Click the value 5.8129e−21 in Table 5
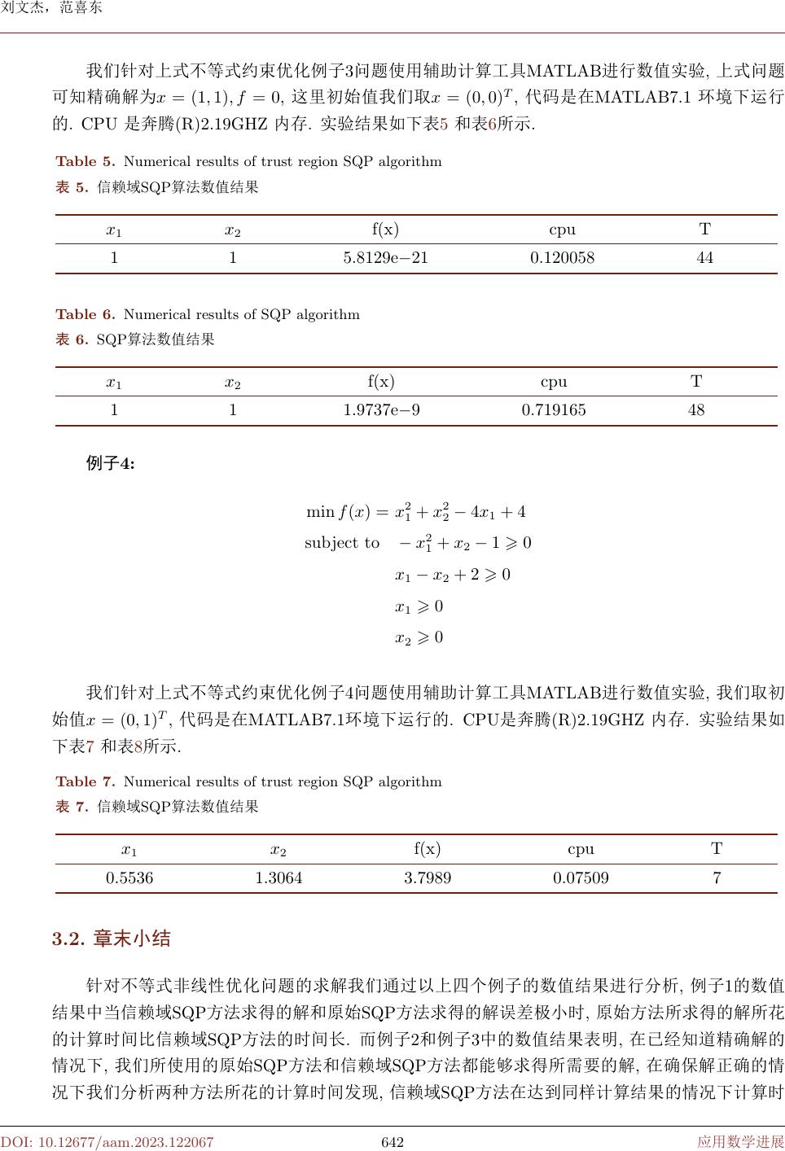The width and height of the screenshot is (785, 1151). coord(385,258)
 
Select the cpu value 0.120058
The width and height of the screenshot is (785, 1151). coord(562,258)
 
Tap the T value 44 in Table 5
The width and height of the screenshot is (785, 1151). coord(704,258)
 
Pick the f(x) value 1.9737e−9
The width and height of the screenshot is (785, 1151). coord(381,410)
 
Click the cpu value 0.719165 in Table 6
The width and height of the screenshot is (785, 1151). coord(553,410)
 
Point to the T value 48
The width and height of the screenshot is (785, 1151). coord(696,410)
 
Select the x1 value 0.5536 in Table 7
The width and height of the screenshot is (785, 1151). coord(129,878)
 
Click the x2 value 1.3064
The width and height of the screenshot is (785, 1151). coord(278,878)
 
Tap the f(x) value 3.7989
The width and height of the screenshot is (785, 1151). coord(428,878)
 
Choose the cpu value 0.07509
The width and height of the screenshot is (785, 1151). coord(581,878)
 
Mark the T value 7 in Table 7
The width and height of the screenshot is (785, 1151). coord(717,878)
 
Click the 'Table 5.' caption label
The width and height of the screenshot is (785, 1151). coord(86,161)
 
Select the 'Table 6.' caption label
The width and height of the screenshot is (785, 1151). coord(86,314)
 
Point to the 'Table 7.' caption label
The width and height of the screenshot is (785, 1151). coord(86,781)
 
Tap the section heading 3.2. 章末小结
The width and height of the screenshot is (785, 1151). coord(112,939)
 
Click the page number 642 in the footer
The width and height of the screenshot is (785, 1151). coord(392,1142)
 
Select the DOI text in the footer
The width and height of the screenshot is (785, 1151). coord(107,1142)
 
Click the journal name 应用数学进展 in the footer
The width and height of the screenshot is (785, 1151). coord(740,1142)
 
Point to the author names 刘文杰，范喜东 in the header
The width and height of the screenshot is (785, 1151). coord(51,9)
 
